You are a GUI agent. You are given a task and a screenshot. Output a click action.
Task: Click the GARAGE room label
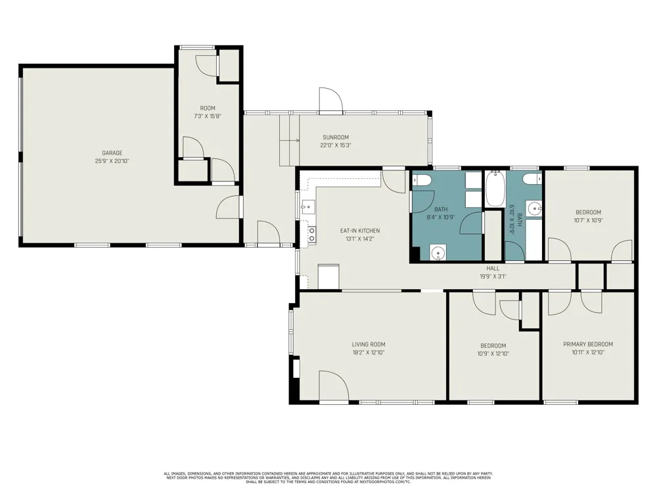point(112,153)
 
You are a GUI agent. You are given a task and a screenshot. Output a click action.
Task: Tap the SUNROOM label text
point(336,137)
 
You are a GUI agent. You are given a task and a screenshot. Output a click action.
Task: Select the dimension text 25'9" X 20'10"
point(112,161)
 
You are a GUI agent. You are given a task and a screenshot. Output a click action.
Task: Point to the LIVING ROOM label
point(369,344)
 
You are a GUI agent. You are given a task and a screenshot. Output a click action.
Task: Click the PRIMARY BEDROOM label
point(588,344)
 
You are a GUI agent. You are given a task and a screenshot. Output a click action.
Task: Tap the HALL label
point(493,268)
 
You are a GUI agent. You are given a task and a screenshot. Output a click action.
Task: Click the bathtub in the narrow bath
point(495,188)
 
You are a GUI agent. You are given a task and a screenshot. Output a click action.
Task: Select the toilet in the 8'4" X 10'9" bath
point(422,180)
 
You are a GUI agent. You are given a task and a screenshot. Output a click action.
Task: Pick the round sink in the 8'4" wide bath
point(438,253)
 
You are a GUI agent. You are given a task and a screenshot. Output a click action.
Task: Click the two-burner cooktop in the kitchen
point(311,235)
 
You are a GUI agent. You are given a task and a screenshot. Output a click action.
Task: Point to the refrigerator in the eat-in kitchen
point(328,277)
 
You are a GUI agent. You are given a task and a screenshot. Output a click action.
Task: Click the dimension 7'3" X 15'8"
point(208,116)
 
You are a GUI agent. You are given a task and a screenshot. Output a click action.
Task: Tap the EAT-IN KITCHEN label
point(360,231)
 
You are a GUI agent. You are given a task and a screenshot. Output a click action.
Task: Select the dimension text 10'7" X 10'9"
point(588,220)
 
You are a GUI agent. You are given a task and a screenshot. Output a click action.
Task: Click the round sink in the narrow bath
point(533,208)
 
